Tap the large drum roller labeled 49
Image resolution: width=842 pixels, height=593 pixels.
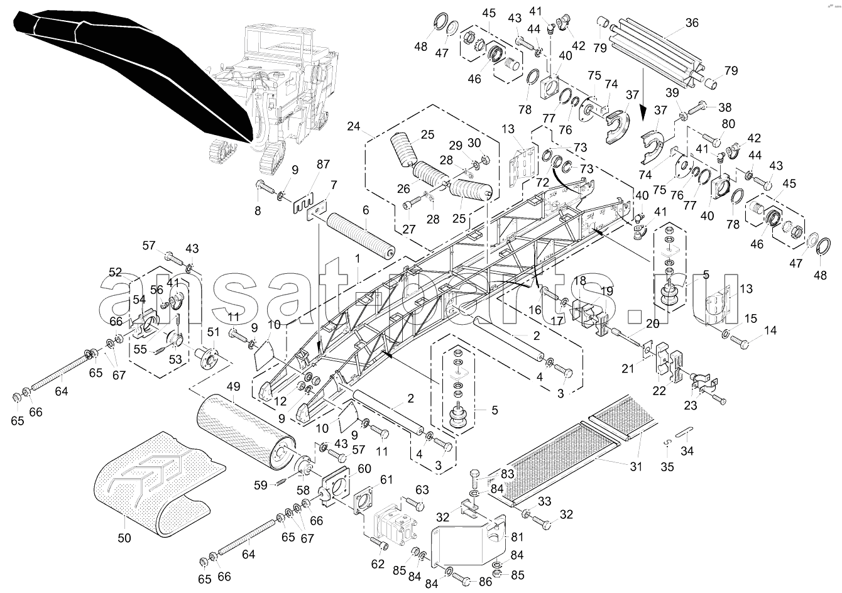(x=246, y=433)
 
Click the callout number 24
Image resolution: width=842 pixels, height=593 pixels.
(x=354, y=126)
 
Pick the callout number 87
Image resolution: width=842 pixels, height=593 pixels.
(x=323, y=164)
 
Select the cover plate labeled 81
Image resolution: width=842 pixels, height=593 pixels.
(x=468, y=541)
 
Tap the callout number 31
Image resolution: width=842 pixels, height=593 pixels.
(x=636, y=466)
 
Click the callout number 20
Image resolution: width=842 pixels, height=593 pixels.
(x=652, y=324)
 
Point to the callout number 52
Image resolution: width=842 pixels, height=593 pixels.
(x=116, y=272)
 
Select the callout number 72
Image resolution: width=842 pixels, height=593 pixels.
(x=542, y=182)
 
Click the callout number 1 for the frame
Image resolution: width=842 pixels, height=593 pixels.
(x=358, y=259)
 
